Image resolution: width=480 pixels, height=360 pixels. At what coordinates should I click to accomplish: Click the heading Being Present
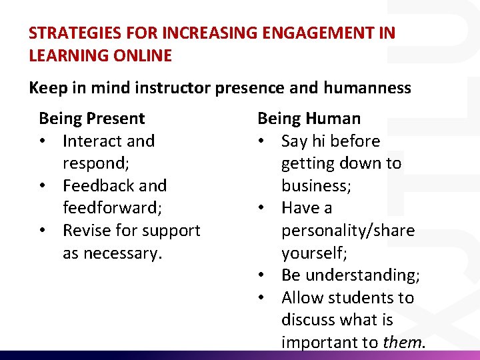pyautogui.click(x=92, y=119)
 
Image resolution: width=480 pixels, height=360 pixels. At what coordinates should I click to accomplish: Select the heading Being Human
pyautogui.click(x=309, y=119)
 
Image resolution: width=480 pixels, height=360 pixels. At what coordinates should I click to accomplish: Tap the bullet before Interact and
pyautogui.click(x=43, y=141)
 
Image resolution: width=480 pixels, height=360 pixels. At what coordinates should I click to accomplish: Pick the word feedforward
pyautogui.click(x=111, y=208)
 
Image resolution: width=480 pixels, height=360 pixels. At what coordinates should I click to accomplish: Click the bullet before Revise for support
pyautogui.click(x=43, y=231)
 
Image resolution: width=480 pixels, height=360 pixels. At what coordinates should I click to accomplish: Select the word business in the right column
pyautogui.click(x=315, y=186)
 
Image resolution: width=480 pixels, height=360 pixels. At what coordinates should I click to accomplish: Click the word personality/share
pyautogui.click(x=347, y=231)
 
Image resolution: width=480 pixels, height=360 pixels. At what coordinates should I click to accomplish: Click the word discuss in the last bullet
pyautogui.click(x=308, y=320)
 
